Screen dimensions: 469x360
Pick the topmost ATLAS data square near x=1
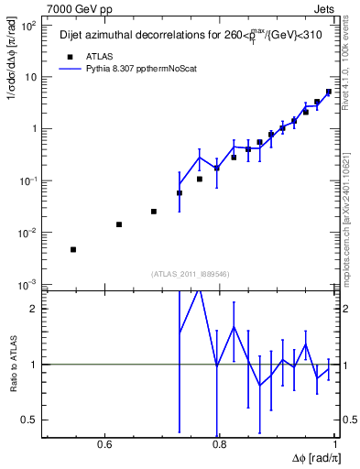tap(329, 92)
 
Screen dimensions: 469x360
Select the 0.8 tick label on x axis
tap(219, 446)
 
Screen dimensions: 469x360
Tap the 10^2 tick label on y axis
tap(27, 26)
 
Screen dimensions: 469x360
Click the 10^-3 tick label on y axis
tap(27, 285)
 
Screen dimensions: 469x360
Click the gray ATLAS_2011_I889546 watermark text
tap(190, 274)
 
